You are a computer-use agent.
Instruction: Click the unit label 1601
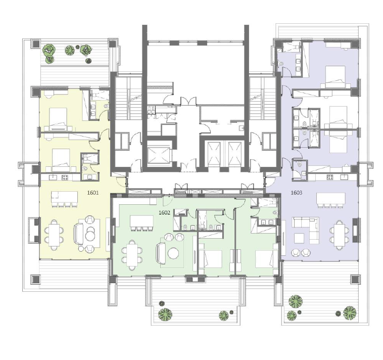93,193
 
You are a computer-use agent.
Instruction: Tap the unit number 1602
164,213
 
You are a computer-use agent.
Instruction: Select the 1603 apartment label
296,193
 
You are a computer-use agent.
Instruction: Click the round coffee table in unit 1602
174,253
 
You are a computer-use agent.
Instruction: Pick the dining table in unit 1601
54,235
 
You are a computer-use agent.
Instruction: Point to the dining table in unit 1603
340,235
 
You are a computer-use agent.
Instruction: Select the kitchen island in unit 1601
65,197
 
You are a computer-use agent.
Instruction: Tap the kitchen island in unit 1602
141,221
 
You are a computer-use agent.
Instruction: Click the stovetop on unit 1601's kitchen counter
65,177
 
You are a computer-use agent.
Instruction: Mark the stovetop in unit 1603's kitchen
330,177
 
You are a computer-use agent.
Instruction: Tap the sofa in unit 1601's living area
78,234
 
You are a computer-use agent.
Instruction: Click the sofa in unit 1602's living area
161,253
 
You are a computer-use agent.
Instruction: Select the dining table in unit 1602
132,255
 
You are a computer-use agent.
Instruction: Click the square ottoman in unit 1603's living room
299,238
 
